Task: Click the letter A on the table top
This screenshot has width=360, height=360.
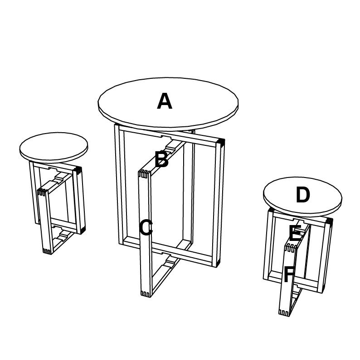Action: coord(165,101)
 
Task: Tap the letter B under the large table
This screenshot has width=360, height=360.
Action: coord(162,159)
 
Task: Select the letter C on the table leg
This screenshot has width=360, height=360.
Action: coord(146,227)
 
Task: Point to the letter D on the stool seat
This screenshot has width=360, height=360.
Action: coord(303,195)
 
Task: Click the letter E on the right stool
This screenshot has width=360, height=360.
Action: coord(295,233)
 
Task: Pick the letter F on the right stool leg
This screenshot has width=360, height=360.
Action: coord(289,274)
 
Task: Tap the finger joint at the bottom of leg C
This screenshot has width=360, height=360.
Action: coord(146,294)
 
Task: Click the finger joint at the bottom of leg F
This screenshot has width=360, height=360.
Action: coord(283,313)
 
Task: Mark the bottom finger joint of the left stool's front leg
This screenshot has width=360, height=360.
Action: coord(47,251)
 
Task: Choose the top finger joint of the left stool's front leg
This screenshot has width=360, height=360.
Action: coord(42,192)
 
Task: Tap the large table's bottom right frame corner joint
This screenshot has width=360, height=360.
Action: coord(218,263)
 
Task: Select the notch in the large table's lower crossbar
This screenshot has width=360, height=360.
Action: coord(166,254)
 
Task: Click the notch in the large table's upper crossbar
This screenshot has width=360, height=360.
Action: coord(166,138)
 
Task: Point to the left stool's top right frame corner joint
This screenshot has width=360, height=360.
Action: coord(78,170)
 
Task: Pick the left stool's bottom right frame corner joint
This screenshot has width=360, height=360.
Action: coord(83,230)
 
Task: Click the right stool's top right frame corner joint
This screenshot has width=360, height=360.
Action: coord(329,221)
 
